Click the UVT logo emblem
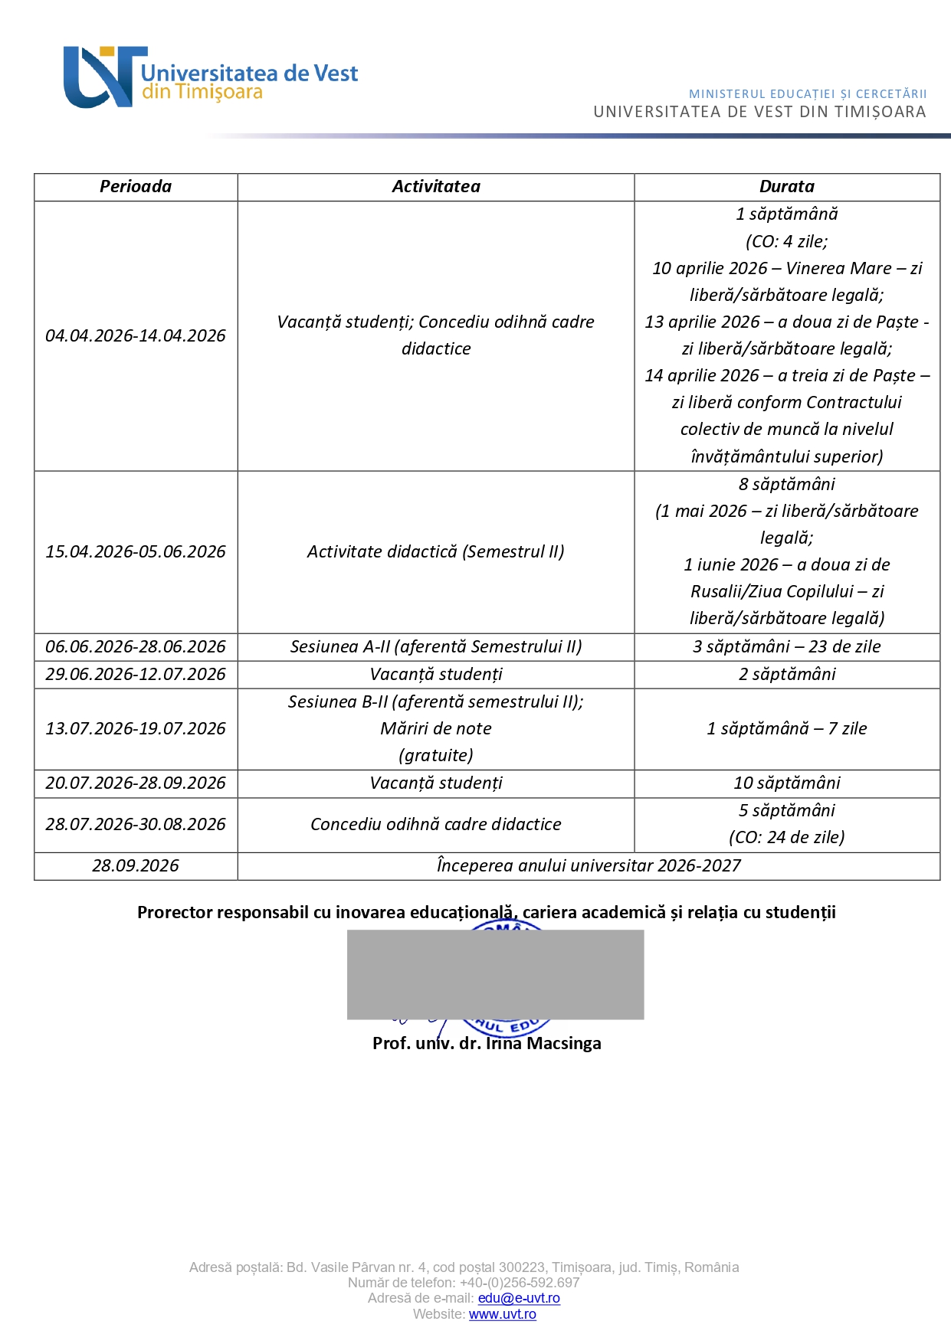[x=103, y=77]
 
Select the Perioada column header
[x=136, y=187]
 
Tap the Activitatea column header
[x=436, y=187]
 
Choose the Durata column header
[x=787, y=187]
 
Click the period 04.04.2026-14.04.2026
[x=136, y=336]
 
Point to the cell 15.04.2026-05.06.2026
[x=136, y=552]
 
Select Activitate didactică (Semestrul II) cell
[x=436, y=552]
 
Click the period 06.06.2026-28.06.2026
[x=136, y=647]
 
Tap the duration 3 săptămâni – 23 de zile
[x=787, y=647]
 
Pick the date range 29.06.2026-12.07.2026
[x=136, y=675]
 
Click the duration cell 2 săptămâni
[x=787, y=675]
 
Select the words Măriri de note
[x=436, y=729]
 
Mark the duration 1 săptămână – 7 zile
[x=787, y=729]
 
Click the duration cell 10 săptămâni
[x=787, y=783]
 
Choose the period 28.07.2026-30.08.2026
[x=136, y=825]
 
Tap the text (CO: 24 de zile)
[x=787, y=838]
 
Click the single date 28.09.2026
[x=136, y=866]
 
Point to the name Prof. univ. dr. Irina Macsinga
[x=487, y=1044]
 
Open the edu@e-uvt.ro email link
[x=519, y=1299]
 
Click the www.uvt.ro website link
[x=503, y=1315]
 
